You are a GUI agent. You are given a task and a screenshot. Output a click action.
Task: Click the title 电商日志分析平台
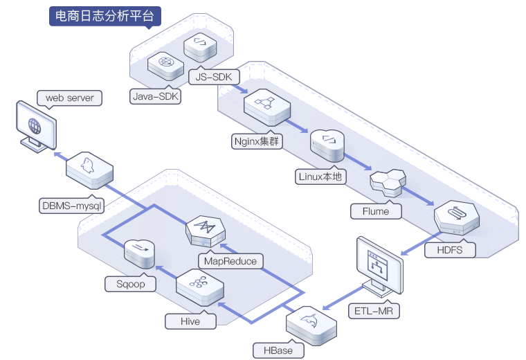pyautogui.click(x=105, y=16)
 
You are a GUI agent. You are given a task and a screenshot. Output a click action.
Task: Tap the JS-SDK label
pyautogui.click(x=214, y=77)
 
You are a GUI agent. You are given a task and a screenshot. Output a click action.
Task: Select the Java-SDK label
pyautogui.click(x=155, y=96)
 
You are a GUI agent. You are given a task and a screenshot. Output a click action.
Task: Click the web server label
pyautogui.click(x=69, y=98)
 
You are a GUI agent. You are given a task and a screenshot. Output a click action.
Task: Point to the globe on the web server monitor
pyautogui.click(x=35, y=126)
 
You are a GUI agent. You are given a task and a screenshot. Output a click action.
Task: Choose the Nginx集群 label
pyautogui.click(x=257, y=141)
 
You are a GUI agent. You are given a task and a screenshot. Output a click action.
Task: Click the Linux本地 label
pyautogui.click(x=320, y=177)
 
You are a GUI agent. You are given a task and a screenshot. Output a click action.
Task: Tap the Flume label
pyautogui.click(x=376, y=211)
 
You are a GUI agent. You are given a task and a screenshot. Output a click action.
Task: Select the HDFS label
pyautogui.click(x=450, y=250)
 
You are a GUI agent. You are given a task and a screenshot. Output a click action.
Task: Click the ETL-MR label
pyautogui.click(x=374, y=311)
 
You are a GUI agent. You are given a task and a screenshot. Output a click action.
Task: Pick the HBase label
pyautogui.click(x=278, y=350)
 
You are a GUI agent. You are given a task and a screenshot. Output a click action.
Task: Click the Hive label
pyautogui.click(x=190, y=321)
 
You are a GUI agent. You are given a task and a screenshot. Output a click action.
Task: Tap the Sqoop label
pyautogui.click(x=131, y=284)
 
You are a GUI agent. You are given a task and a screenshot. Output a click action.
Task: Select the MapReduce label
pyautogui.click(x=230, y=261)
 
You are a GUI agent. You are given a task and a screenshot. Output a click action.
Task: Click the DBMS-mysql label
pyautogui.click(x=72, y=206)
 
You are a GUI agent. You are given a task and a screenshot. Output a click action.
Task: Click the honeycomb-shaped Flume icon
pyautogui.click(x=388, y=183)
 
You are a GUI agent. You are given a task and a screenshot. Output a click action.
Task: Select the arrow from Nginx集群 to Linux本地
pyautogui.click(x=296, y=126)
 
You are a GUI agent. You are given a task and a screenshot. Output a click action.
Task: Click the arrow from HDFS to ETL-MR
pyautogui.click(x=421, y=243)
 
